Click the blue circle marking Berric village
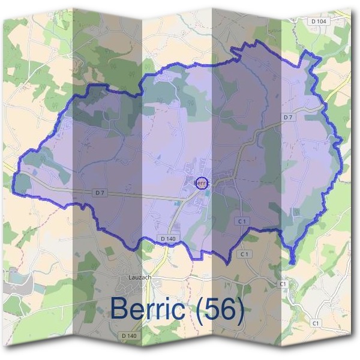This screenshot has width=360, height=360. click(x=202, y=183)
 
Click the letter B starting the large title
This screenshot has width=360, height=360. click(x=119, y=310)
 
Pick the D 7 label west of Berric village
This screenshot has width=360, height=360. click(x=100, y=193)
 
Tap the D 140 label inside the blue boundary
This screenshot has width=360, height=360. click(x=169, y=239)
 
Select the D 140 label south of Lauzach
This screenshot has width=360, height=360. click(x=130, y=335)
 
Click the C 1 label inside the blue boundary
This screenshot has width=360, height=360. click(x=242, y=221)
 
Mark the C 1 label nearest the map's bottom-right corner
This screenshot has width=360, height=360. click(x=316, y=323)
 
